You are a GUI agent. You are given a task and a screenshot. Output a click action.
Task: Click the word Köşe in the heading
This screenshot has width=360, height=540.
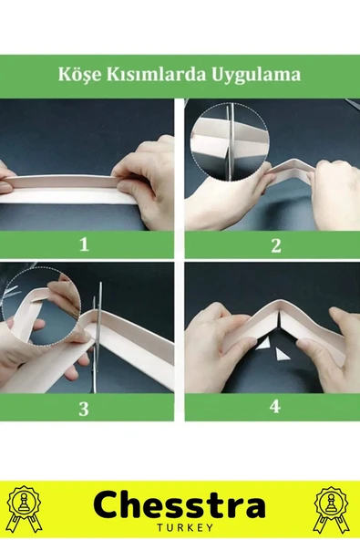coord(80,75)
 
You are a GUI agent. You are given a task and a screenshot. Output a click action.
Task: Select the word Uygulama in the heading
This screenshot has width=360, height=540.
coord(256,75)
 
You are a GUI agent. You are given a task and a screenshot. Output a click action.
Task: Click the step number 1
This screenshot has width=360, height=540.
coord(85,244)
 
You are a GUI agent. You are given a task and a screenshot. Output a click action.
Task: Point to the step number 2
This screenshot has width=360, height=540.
coord(276,245)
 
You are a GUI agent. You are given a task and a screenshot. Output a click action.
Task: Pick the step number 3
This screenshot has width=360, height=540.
coord(84,410)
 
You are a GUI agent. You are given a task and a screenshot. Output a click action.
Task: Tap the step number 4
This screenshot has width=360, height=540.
coord(275,407)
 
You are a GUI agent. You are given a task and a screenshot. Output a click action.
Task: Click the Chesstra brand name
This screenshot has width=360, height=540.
coord(179,505)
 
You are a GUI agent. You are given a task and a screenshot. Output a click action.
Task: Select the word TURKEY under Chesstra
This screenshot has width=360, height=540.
coord(185,527)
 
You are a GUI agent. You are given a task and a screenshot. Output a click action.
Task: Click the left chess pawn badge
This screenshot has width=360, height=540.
coord(25,508)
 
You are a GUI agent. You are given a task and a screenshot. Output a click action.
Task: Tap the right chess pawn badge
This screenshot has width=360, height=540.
coord(332,509)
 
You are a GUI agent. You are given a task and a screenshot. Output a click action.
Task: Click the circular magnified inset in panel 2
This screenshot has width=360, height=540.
coord(230,141)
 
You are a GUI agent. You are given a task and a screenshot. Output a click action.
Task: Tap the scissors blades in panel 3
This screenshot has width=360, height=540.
coord(97,337)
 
